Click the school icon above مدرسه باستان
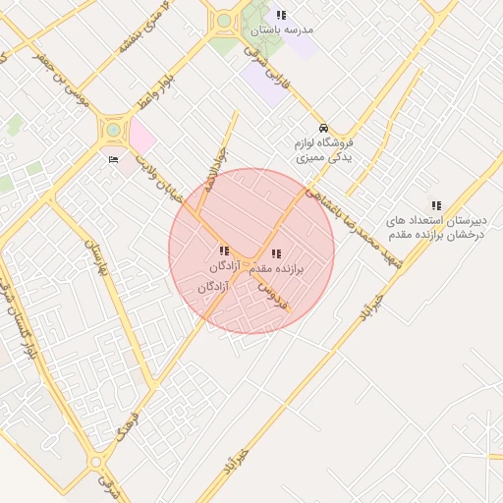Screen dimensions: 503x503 [282, 15]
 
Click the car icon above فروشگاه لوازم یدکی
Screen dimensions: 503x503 [323, 129]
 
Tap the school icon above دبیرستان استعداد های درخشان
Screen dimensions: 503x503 [436, 204]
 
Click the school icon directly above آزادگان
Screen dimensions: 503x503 [224, 251]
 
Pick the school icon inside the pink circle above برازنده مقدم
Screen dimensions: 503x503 [275, 254]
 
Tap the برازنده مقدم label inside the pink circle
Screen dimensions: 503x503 [275, 268]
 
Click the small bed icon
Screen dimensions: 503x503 [114, 158]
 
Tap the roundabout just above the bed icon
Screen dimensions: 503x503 [114, 129]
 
